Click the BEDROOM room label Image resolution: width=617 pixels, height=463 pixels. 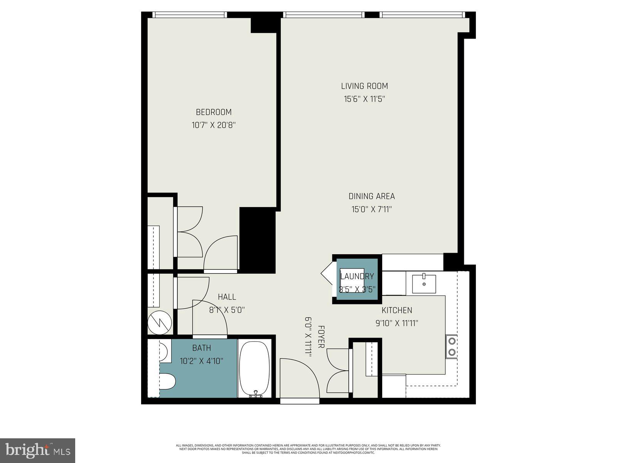[214, 112]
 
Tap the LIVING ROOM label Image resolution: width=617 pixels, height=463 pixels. [364, 86]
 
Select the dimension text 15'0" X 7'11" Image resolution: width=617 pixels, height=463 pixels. [371, 210]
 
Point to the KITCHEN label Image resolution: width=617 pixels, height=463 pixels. [397, 310]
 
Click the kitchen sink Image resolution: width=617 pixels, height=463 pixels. [424, 284]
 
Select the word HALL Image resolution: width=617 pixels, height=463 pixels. [227, 297]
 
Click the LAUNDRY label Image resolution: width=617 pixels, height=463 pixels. [357, 276]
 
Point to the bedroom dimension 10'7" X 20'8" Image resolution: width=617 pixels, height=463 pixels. [214, 125]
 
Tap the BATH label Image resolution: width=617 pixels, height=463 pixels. [202, 348]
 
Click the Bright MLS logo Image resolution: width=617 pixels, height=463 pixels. [38, 450]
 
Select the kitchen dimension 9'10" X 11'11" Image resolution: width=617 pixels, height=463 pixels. [397, 323]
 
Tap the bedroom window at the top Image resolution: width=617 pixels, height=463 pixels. [189, 15]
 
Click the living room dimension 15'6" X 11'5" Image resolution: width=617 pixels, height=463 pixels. [364, 99]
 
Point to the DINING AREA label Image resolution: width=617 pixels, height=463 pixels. [372, 196]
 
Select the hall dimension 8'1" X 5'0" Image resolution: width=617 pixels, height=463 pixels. [226, 310]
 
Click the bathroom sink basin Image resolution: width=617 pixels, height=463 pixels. [163, 351]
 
